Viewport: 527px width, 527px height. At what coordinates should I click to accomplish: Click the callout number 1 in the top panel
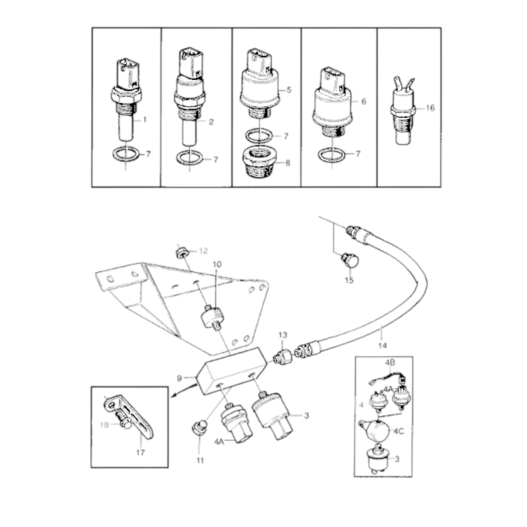144,120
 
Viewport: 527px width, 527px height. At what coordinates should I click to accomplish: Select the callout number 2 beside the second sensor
211,122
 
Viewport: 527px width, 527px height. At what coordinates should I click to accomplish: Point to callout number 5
289,90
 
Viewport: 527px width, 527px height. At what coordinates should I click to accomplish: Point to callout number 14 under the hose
382,345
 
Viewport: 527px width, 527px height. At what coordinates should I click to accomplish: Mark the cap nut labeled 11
199,429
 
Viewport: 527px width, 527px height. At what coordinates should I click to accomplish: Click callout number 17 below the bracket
140,453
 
